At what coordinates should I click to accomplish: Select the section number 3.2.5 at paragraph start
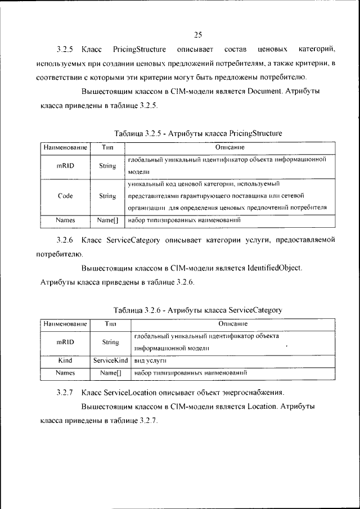click(65, 50)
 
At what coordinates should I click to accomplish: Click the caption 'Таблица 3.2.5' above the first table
click(139, 133)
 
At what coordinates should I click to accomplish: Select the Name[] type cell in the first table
click(107, 221)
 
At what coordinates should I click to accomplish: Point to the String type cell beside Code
click(107, 196)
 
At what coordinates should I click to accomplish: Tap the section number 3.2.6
click(65, 240)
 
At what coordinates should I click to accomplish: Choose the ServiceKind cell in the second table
click(111, 360)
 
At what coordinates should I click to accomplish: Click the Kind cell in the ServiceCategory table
click(65, 360)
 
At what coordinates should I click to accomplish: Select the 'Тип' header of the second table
click(110, 324)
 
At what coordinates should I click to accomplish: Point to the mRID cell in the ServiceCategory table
click(65, 342)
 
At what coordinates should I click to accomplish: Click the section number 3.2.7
click(65, 392)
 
